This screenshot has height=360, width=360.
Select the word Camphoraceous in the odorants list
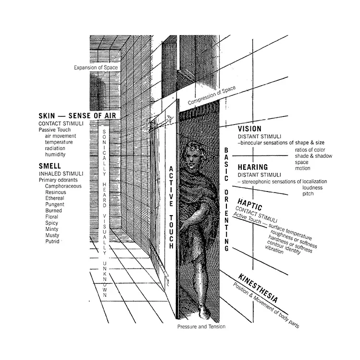click(x=63, y=186)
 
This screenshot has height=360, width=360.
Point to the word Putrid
click(x=52, y=242)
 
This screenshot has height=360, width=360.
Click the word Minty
click(x=52, y=229)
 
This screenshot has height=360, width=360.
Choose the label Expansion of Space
click(x=96, y=68)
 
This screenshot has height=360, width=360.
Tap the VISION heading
click(x=250, y=129)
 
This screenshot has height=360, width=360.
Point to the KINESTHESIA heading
click(x=257, y=287)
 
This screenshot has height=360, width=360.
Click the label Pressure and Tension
click(x=200, y=327)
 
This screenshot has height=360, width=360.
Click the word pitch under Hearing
click(x=308, y=194)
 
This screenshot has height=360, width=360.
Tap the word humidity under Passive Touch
click(x=55, y=154)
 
